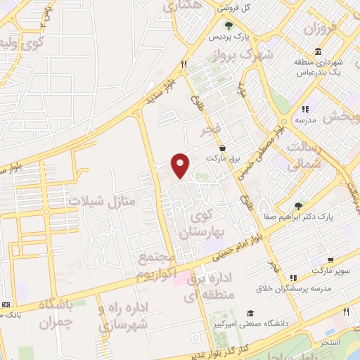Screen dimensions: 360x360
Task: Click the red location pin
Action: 181,165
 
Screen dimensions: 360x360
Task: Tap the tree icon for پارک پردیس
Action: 229,25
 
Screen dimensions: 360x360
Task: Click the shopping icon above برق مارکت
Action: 223,148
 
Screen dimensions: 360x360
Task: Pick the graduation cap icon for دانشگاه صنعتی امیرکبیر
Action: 250,314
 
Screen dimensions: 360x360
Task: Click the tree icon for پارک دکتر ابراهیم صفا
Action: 298,206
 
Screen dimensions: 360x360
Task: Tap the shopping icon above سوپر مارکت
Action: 330,259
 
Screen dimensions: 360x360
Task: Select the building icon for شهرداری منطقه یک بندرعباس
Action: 319,53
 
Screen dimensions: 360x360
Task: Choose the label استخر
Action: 329,342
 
